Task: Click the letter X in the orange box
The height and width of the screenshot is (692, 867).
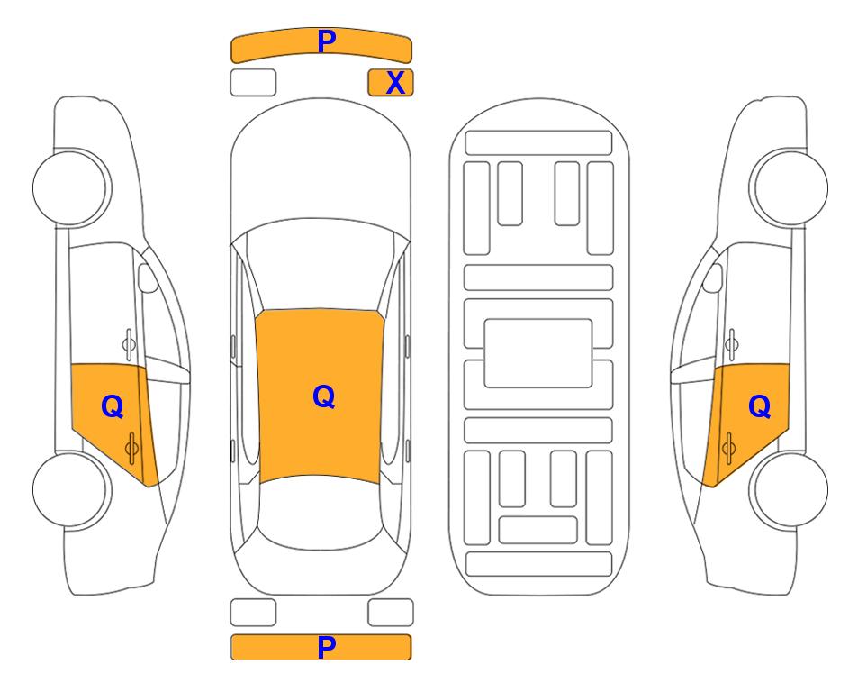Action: [x=395, y=83]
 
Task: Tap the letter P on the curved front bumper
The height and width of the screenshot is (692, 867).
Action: [x=326, y=41]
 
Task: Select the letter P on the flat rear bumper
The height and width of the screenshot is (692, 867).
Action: [x=326, y=647]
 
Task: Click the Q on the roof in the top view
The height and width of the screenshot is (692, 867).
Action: [x=324, y=396]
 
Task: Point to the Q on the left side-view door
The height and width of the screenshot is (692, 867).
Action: [x=113, y=407]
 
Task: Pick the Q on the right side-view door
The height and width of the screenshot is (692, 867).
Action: [x=759, y=407]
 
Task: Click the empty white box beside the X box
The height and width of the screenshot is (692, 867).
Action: [x=253, y=83]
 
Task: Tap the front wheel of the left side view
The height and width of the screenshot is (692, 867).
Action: [x=72, y=187]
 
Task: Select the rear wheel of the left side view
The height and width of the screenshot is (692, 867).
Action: [x=72, y=489]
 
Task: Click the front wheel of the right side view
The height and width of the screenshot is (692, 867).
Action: [x=789, y=187]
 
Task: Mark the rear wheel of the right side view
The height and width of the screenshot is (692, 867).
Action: [x=789, y=489]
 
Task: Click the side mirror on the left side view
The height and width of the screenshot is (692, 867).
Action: [x=148, y=278]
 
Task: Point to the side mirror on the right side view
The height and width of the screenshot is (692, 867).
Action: [x=713, y=278]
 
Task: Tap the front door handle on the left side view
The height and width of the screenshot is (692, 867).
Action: [x=129, y=344]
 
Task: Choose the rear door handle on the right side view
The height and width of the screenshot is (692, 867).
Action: [x=728, y=449]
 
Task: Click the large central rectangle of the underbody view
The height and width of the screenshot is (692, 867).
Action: [x=538, y=353]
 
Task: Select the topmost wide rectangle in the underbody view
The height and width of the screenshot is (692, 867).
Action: [x=538, y=143]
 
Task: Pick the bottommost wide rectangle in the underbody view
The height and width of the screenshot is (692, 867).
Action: [x=539, y=563]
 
